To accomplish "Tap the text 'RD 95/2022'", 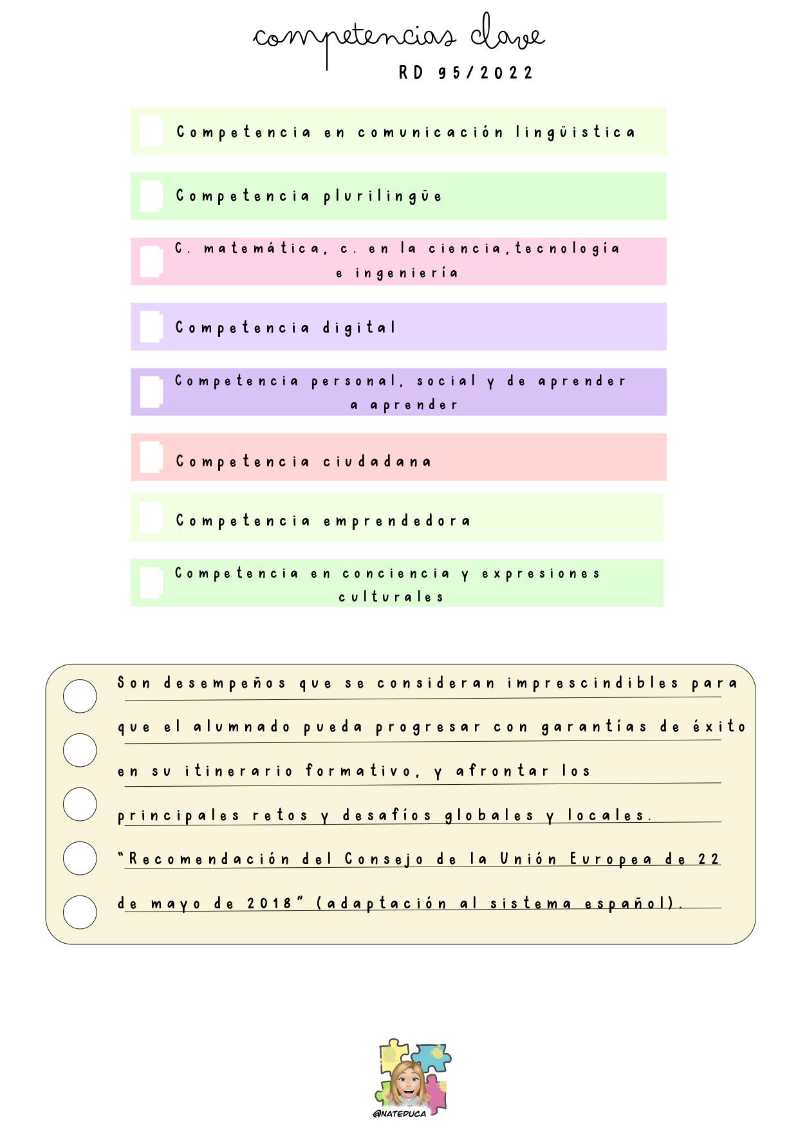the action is pos(466,73).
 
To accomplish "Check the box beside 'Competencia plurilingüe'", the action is pos(151,196).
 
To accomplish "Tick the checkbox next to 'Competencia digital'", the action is pos(151,327).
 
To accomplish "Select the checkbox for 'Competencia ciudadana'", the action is pos(151,457).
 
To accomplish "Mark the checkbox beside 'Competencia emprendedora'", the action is pos(151,518).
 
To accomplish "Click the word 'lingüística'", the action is pos(575,133).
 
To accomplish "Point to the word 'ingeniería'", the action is pos(407,273).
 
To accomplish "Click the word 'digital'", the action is pos(359,327).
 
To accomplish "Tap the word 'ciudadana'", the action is pos(377,461).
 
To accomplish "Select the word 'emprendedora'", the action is pos(396,520).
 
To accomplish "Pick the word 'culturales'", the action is pos(391,597).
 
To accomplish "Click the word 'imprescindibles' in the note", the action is pos(593,683).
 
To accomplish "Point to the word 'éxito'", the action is pos(719,726).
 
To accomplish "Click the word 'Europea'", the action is pos(611,859).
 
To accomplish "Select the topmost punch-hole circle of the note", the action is pos(80,696).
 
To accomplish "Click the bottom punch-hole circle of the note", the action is pos(80,912).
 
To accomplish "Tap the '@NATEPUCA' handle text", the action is pos(400,1114).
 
